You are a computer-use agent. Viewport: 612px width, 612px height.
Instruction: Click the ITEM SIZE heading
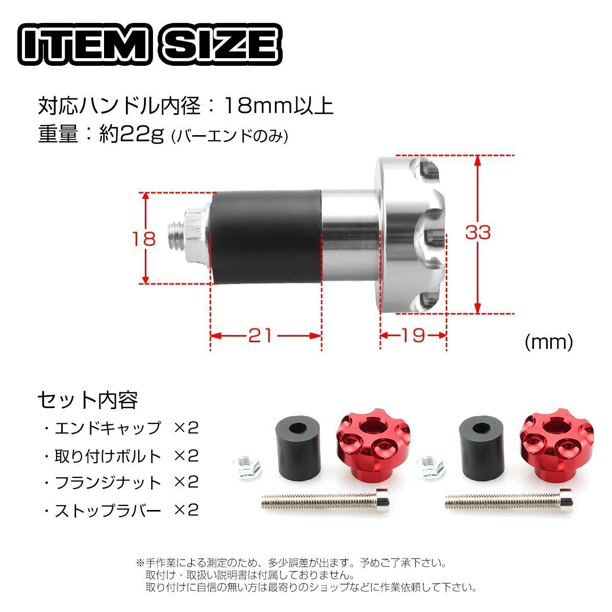(x=149, y=44)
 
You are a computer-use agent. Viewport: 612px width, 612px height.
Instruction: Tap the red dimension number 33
(x=478, y=232)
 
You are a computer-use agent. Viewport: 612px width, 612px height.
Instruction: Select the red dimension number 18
(x=144, y=239)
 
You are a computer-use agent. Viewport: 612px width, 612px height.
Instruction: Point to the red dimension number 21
(x=261, y=336)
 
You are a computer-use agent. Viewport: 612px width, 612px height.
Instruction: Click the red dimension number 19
(x=413, y=335)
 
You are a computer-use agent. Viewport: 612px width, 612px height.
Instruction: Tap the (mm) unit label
(x=549, y=343)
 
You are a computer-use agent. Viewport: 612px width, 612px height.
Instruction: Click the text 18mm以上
(x=279, y=106)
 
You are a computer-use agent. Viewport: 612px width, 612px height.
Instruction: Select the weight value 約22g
(x=132, y=134)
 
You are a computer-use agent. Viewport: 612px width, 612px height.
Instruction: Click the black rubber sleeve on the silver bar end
(x=266, y=237)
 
